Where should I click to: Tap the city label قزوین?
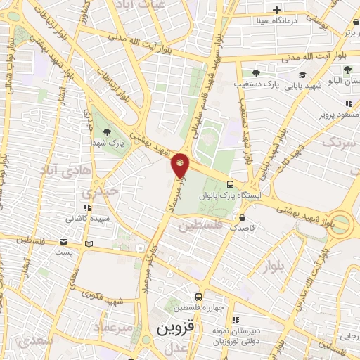tap(174, 328)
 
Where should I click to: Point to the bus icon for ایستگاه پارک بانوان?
tap(230, 184)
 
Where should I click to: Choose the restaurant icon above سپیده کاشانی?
tap(86, 208)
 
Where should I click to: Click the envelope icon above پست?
tap(88, 244)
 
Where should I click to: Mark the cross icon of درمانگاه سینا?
tap(276, 11)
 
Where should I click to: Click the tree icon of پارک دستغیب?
tap(255, 72)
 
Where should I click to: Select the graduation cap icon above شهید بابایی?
tap(302, 75)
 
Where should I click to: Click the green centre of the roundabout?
tap(342, 224)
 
